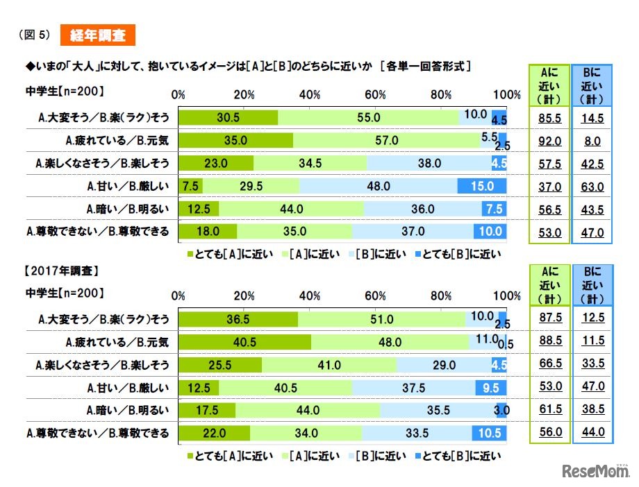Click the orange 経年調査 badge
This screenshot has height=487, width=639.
click(98, 34)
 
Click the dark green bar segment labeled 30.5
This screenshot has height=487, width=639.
click(228, 118)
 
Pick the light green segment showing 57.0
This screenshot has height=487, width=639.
click(386, 141)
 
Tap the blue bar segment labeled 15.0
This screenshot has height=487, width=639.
click(481, 186)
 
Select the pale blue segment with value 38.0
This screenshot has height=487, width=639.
click(428, 164)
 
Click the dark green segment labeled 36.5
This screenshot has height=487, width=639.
click(238, 319)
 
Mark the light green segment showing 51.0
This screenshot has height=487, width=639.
click(381, 319)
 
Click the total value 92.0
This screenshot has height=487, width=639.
click(549, 142)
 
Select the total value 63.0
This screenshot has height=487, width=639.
click(592, 187)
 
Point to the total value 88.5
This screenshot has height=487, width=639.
click(549, 342)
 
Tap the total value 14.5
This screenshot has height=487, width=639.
click(592, 119)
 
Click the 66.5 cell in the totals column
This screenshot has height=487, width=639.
click(549, 365)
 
